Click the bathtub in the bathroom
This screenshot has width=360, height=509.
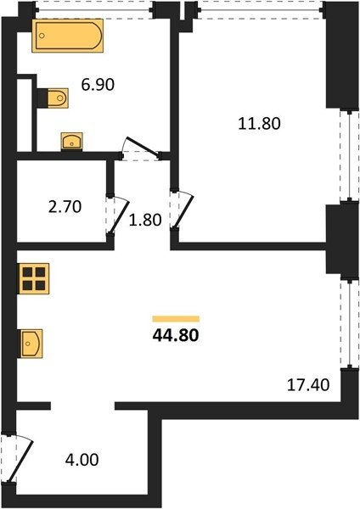click(x=68, y=36)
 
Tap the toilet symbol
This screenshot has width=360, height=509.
click(x=58, y=98)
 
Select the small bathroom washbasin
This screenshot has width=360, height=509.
click(x=72, y=142)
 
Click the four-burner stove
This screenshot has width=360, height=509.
click(x=33, y=278)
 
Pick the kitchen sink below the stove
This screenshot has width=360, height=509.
click(x=31, y=344)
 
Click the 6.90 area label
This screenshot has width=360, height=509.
click(x=98, y=85)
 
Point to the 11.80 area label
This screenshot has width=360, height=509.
click(x=259, y=124)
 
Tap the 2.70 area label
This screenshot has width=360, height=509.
click(x=65, y=207)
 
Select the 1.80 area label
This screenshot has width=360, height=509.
click(x=145, y=220)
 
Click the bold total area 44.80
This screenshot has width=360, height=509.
click(x=176, y=335)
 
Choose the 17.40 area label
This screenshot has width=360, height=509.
click(x=308, y=385)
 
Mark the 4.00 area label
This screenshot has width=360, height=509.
click(x=82, y=460)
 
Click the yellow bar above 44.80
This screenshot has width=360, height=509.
click(x=176, y=319)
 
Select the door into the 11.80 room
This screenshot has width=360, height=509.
click(x=182, y=210)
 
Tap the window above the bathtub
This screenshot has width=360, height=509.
click(x=93, y=9)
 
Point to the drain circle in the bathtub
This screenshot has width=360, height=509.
click(x=42, y=36)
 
